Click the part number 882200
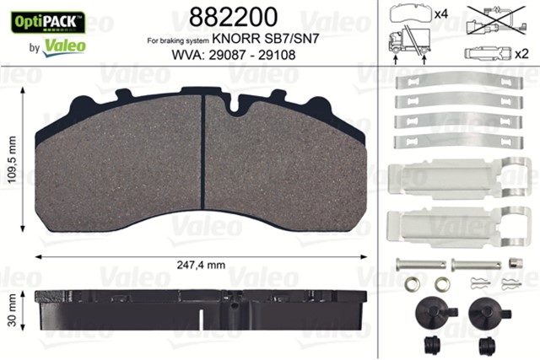point(229,18)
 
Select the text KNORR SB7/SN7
point(251,40)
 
